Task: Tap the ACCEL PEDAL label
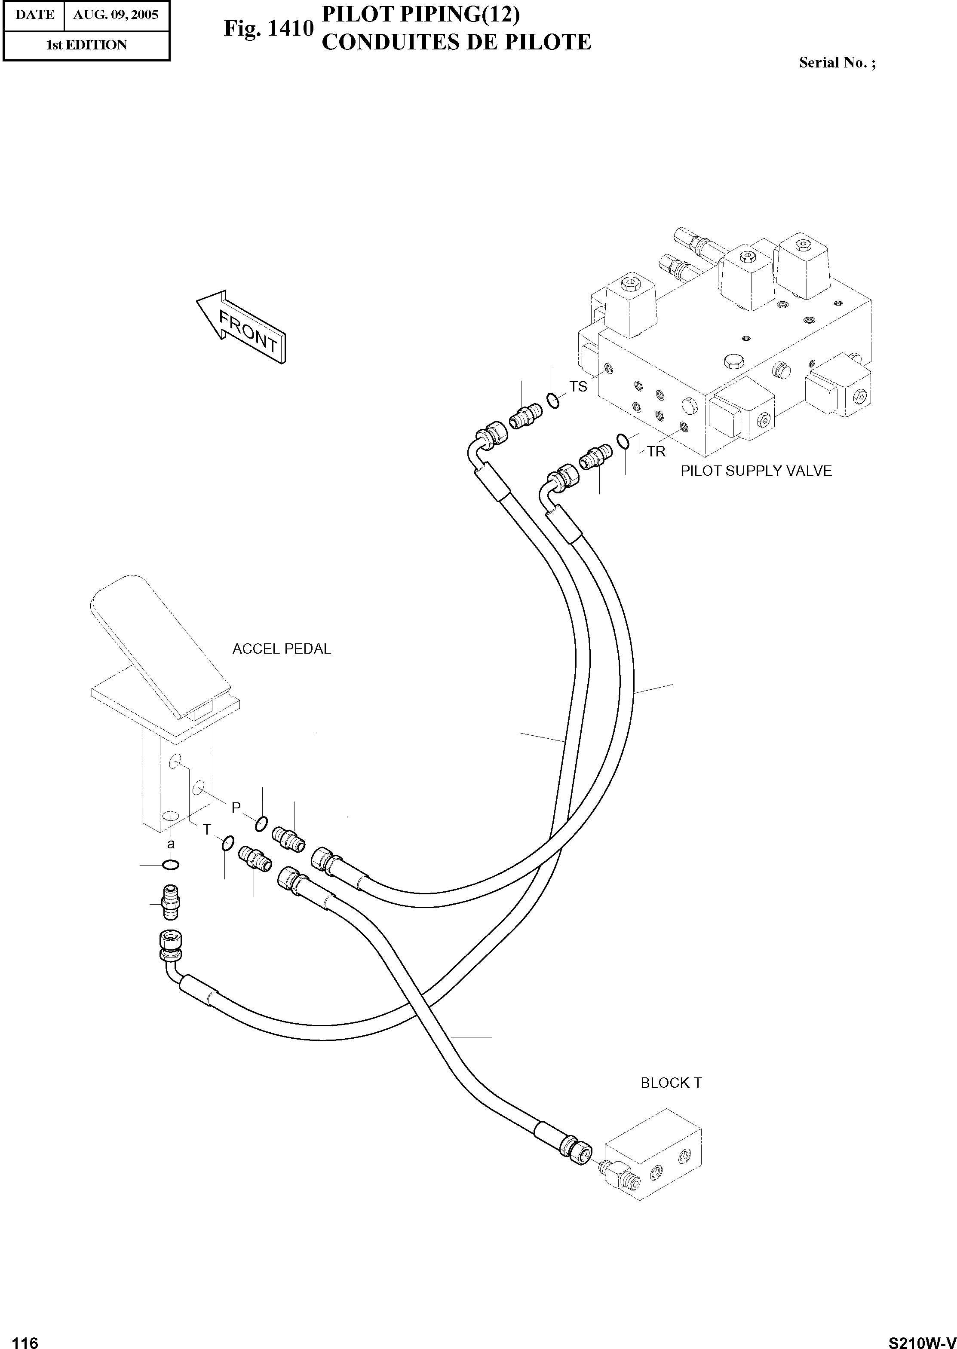[282, 648]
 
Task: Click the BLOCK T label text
[671, 1083]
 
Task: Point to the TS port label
[578, 386]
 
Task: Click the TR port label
[656, 452]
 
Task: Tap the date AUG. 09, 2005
[116, 15]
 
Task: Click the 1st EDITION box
[86, 45]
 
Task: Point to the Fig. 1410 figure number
[268, 28]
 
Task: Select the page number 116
[25, 1338]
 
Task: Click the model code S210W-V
[922, 1338]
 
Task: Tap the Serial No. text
[837, 62]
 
